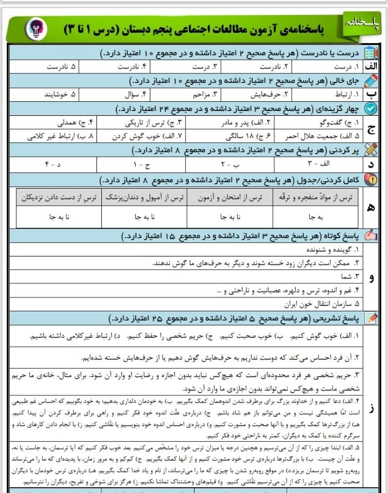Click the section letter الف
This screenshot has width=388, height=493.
[x=371, y=67]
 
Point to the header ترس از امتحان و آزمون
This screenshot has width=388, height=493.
[x=231, y=198]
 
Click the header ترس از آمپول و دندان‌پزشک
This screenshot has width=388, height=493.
[x=144, y=198]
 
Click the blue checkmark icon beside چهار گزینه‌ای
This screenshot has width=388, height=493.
[x=371, y=108]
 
